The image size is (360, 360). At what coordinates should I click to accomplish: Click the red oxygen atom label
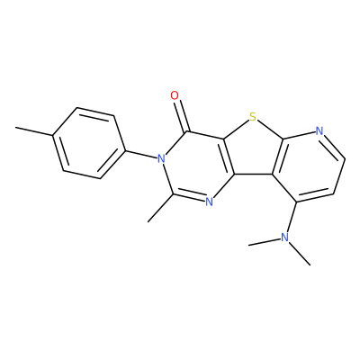pyautogui.click(x=175, y=96)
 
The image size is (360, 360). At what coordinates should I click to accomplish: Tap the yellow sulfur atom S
pyautogui.click(x=253, y=117)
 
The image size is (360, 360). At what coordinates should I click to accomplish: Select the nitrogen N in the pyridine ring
pyautogui.click(x=319, y=131)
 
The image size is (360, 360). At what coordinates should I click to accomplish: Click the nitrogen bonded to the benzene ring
pyautogui.click(x=161, y=158)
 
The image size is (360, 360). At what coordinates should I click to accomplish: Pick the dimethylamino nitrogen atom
pyautogui.click(x=284, y=238)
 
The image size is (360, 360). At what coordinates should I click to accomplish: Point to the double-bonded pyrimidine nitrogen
pyautogui.click(x=209, y=202)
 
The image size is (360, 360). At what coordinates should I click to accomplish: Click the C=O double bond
pyautogui.click(x=181, y=115)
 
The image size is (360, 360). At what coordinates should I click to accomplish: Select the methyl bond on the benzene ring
pyautogui.click(x=34, y=132)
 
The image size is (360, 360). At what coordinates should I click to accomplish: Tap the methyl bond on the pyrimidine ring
pyautogui.click(x=160, y=208)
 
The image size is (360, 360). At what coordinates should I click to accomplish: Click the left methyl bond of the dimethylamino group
pyautogui.click(x=264, y=242)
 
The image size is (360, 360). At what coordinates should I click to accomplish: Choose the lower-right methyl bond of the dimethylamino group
pyautogui.click(x=300, y=253)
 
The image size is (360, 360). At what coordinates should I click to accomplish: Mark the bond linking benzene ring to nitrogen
pyautogui.click(x=140, y=153)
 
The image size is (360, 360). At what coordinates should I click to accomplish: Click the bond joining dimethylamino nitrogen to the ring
pyautogui.click(x=291, y=217)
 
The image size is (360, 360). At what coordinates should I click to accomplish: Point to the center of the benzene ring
pyautogui.click(x=88, y=143)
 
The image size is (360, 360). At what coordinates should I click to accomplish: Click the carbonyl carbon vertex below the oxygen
pyautogui.click(x=187, y=131)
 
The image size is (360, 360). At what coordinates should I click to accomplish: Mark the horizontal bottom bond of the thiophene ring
pyautogui.click(x=254, y=174)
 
